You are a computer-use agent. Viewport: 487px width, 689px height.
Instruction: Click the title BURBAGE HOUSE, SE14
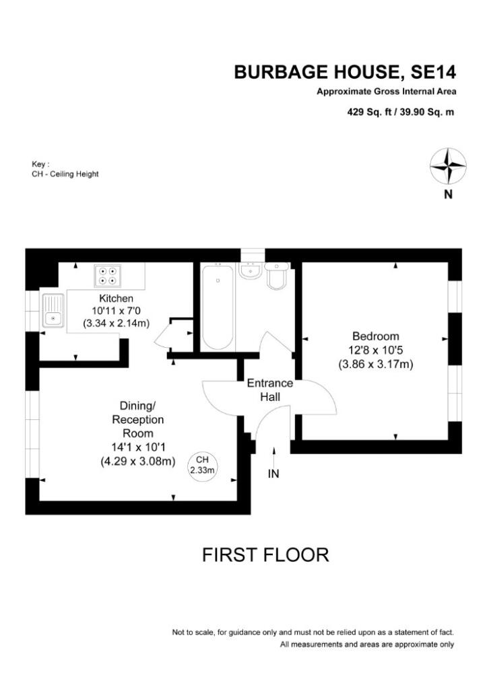point(345,73)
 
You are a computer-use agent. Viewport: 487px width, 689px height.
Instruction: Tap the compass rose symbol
point(448,166)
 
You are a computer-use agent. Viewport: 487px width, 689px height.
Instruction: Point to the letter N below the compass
point(448,196)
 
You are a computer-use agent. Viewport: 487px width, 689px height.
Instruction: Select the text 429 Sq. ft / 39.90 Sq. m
point(400,112)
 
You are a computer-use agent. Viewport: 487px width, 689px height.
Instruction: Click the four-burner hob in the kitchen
point(108,275)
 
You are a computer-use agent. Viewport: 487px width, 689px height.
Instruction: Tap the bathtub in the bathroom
point(218,306)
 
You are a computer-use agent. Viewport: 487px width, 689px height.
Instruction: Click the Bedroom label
point(375,336)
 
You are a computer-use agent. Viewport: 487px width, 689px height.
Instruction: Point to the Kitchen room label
point(116,298)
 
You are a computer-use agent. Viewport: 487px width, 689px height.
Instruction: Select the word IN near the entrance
point(273,474)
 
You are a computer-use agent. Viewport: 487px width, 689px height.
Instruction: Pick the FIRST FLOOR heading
point(265,555)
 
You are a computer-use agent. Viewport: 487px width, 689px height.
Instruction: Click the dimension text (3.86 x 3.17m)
point(375,364)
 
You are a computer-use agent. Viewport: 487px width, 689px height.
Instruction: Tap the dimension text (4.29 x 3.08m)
point(137,462)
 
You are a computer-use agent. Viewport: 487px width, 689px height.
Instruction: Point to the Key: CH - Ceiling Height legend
point(65,169)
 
